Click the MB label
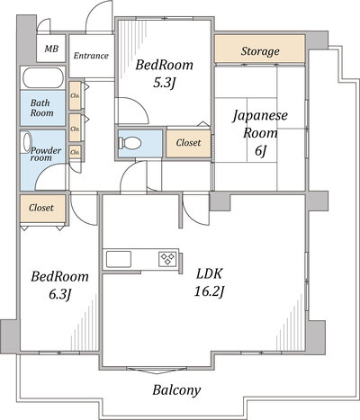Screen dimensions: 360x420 click(51, 49)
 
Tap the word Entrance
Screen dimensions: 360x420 click(91, 56)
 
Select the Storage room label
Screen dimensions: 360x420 click(260, 51)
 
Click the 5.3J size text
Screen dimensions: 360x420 click(164, 83)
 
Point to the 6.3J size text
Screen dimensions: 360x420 click(60, 294)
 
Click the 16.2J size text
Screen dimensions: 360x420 click(209, 291)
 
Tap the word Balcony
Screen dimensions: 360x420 click(176, 390)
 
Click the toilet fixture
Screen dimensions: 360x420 click(130, 143)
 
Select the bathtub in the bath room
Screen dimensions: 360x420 click(43, 78)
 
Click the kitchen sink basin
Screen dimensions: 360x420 click(119, 259)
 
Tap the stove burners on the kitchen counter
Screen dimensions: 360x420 click(167, 259)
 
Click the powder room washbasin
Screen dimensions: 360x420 click(27, 142)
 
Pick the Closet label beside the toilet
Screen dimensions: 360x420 click(188, 143)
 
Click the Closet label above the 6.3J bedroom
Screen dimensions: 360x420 click(41, 208)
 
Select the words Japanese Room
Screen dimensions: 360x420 click(260, 124)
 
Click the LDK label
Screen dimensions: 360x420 click(209, 273)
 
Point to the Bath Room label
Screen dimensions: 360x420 click(41, 108)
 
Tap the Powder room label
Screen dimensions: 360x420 click(46, 154)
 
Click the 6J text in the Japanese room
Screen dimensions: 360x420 click(260, 151)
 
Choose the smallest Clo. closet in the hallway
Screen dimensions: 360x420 click(75, 152)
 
